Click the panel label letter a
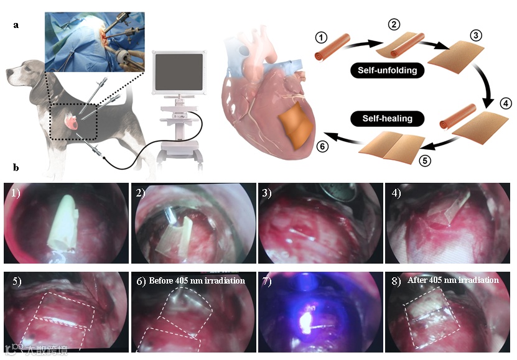tap(16, 25)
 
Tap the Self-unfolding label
tap(386, 70)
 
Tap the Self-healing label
tap(381, 117)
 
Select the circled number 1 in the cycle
tap(321, 38)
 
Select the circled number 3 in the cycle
tap(475, 35)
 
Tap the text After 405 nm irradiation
tap(453, 280)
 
